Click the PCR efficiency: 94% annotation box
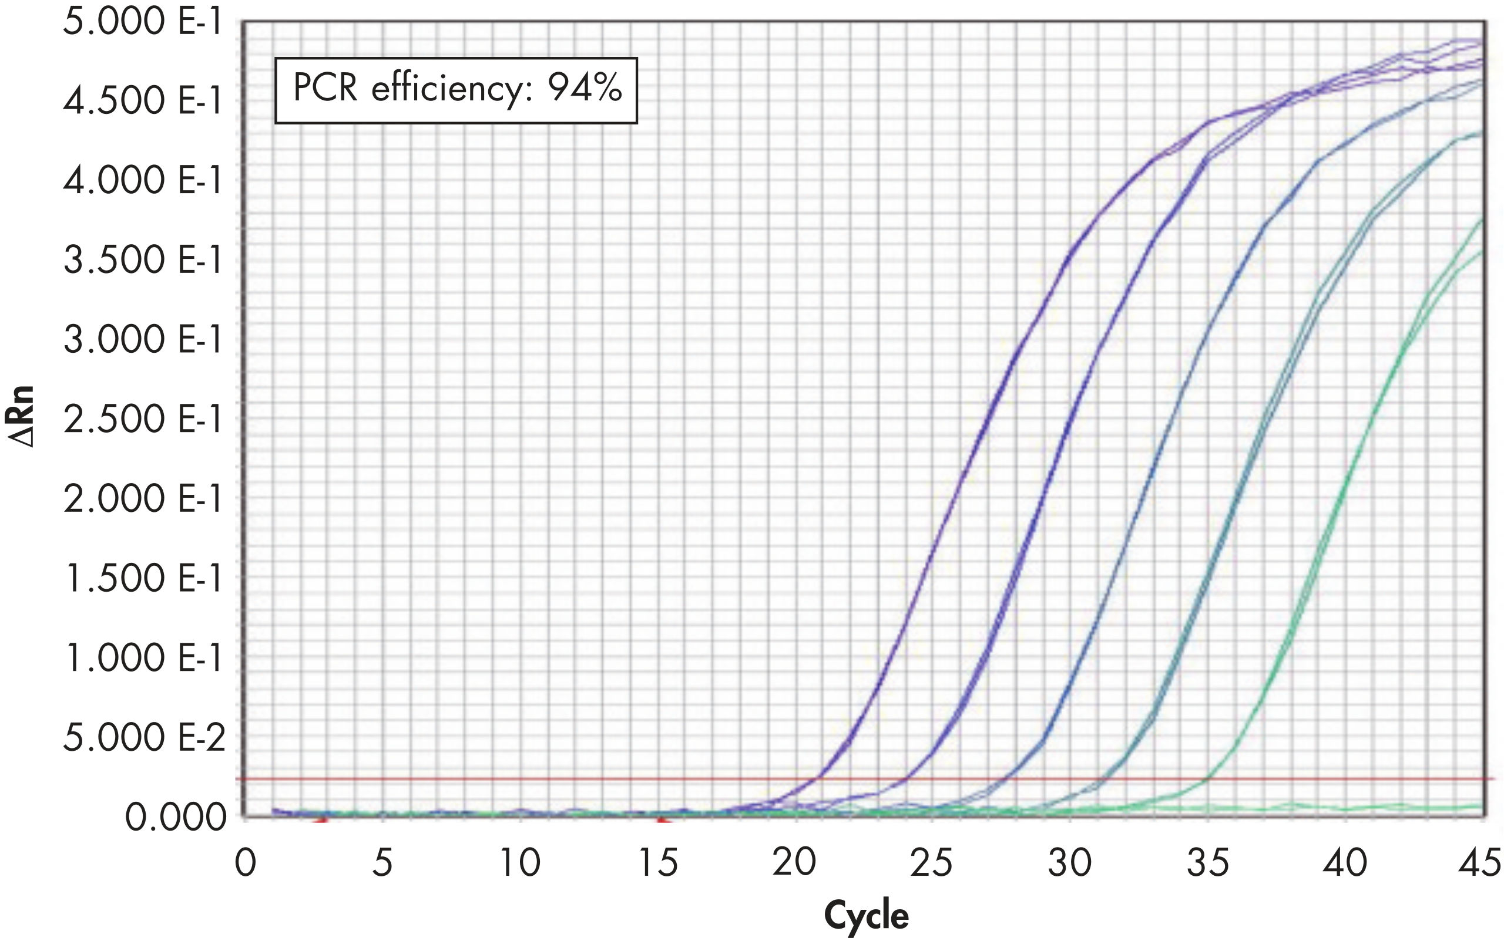456,90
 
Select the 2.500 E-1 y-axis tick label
143,419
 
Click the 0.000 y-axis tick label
176,818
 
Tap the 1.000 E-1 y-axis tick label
143,657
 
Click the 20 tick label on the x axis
794,863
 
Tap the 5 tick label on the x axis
382,863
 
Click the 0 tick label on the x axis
245,863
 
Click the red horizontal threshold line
496,779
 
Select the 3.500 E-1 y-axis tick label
143,260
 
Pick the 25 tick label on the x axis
932,863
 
